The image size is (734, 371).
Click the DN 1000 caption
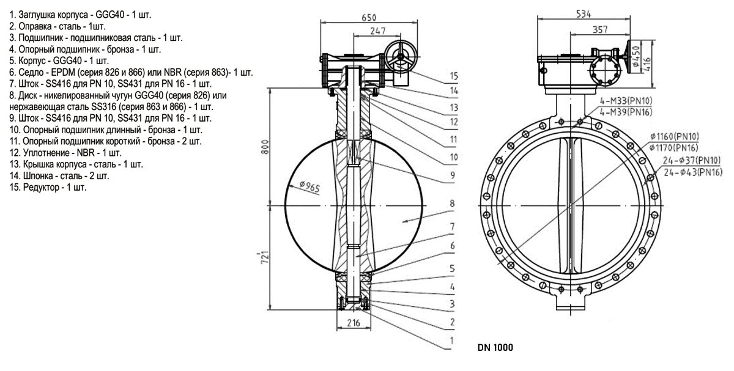tap(494, 348)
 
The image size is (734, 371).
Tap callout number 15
tap(453, 76)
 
